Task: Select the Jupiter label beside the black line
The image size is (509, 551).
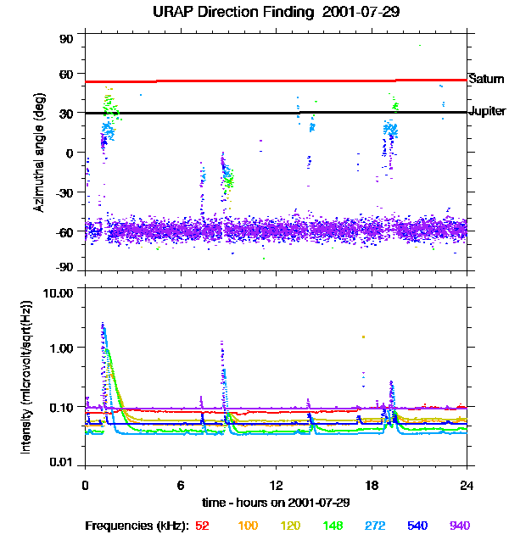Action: pos(487,111)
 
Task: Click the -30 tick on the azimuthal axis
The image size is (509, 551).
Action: pos(64,192)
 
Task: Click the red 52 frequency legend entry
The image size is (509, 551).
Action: pos(202,526)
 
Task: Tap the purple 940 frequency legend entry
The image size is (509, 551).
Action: pos(459,526)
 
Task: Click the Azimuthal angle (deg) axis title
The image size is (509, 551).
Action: pos(40,153)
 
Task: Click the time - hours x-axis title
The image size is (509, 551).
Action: pos(276,502)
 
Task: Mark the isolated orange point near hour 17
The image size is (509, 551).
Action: pos(363,337)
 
